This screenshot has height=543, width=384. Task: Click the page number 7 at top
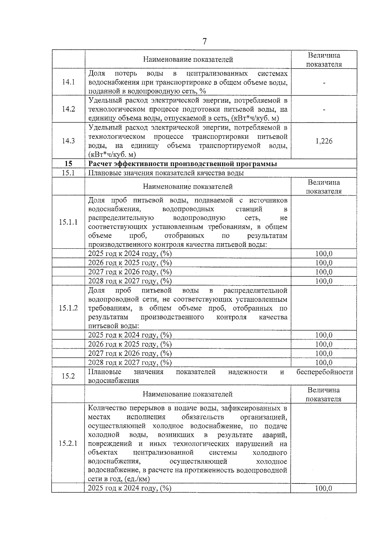[204, 42]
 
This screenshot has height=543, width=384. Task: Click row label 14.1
[68, 82]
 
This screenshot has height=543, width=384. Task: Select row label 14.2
[68, 109]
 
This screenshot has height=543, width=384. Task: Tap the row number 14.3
[68, 141]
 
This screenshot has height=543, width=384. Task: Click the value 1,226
[324, 141]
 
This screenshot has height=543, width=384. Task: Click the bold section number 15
[68, 164]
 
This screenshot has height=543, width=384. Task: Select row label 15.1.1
[68, 222]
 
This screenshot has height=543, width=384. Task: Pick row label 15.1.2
[68, 308]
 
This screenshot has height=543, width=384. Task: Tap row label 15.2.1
[68, 444]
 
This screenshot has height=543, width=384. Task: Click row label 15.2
[68, 376]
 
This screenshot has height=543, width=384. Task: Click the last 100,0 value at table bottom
[324, 488]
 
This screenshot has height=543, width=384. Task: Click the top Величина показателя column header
[324, 60]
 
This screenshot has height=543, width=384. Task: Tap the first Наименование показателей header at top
[188, 60]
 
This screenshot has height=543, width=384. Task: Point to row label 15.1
[68, 173]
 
